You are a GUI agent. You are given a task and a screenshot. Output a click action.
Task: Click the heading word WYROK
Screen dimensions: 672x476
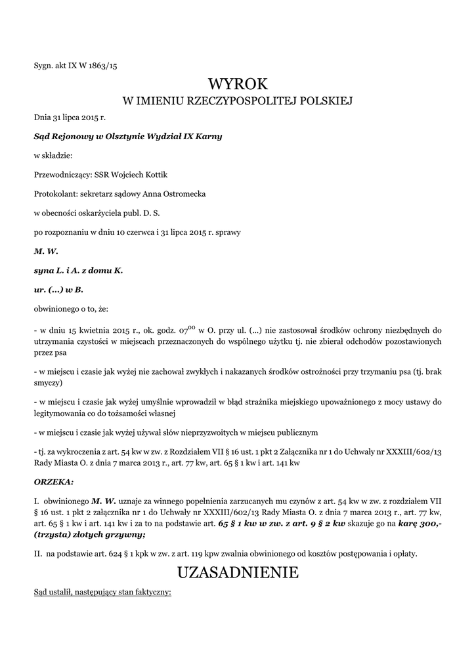(238, 84)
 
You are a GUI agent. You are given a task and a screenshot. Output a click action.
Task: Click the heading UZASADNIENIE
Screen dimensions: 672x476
(238, 573)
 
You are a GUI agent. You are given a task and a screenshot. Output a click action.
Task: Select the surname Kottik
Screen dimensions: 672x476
(163, 175)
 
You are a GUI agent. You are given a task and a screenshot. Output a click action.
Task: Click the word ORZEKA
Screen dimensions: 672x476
(53, 481)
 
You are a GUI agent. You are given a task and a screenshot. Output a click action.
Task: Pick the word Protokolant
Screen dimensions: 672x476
(54, 194)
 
